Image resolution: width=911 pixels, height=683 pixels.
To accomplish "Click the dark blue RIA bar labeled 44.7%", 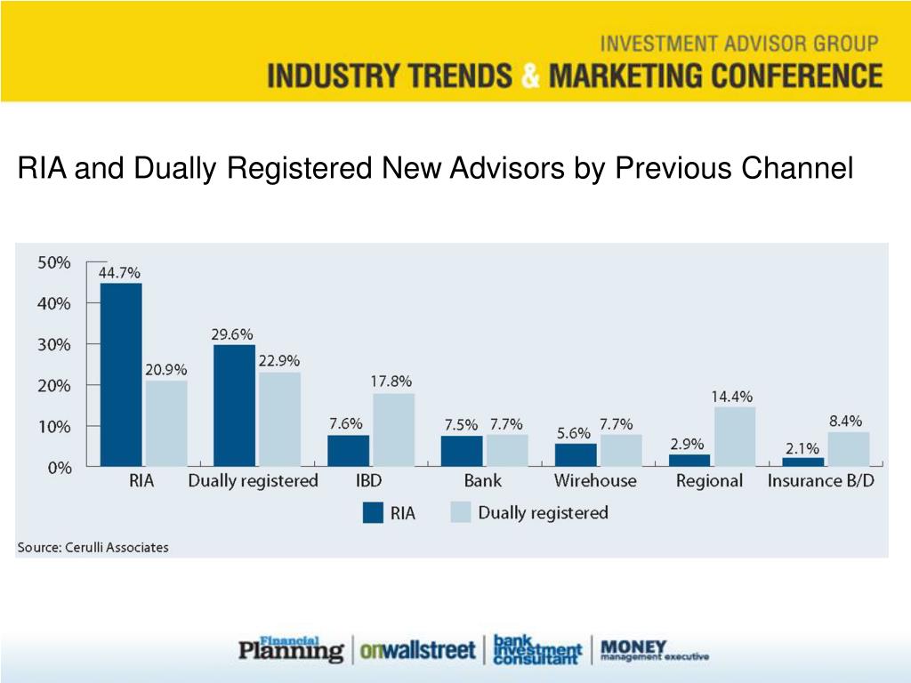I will [121, 374].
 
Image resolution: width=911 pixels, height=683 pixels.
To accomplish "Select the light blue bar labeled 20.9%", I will [166, 423].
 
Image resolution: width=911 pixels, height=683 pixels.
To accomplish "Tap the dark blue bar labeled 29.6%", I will [235, 406].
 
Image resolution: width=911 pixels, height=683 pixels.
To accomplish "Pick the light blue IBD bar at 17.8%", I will [393, 430].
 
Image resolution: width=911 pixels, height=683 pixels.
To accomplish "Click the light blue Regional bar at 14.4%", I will [735, 437].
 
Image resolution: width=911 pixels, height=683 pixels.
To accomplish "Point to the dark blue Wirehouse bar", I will [576, 454].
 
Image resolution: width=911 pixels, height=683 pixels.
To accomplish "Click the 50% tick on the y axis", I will [53, 263].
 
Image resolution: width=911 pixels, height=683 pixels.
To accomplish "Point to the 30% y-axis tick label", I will [53, 344].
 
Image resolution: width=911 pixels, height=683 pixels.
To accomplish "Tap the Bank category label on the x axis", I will [482, 481].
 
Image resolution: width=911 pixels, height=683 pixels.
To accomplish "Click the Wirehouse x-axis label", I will [595, 481].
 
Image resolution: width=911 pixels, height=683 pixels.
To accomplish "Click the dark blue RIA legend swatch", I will [372, 513].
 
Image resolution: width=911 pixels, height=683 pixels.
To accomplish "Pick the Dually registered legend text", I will [543, 513].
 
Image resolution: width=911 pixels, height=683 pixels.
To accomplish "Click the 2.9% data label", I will [687, 443].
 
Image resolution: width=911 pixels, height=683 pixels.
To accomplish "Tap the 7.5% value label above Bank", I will [461, 425].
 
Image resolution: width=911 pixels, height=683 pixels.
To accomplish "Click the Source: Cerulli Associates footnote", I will [93, 547].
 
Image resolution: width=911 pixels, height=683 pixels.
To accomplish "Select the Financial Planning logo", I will [291, 648].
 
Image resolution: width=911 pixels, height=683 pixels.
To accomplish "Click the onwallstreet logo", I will [417, 650].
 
